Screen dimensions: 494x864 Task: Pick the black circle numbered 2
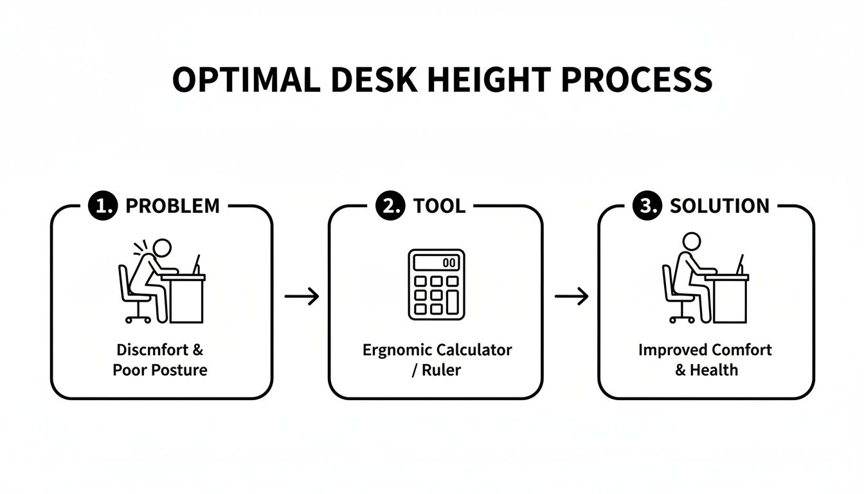(390, 206)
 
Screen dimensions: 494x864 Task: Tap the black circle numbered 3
(646, 206)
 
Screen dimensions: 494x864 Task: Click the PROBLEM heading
(172, 206)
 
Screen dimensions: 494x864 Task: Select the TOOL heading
(439, 206)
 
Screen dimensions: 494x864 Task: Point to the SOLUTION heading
(719, 206)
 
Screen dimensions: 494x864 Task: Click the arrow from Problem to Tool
(301, 297)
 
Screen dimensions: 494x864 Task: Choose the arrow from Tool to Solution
(571, 297)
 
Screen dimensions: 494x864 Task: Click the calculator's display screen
(437, 262)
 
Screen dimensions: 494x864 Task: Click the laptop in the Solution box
(739, 265)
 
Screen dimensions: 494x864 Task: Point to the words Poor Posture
(159, 370)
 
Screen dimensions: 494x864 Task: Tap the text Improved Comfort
(705, 351)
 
